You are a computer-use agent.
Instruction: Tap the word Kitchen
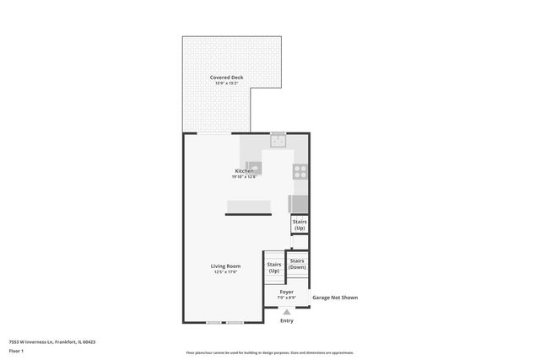245,171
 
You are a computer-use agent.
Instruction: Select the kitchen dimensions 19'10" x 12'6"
245,176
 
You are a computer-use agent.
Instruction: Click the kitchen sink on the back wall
278,142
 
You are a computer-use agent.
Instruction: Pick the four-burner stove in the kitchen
300,172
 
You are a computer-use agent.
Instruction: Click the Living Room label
225,266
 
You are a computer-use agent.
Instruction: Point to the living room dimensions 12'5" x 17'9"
225,271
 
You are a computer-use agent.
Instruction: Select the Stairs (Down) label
297,263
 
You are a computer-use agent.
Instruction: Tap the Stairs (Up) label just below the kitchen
300,225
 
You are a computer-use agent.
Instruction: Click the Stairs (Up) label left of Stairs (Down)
274,267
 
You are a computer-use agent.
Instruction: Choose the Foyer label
287,292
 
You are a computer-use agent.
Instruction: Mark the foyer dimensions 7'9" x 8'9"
287,298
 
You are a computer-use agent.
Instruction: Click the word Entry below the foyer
287,320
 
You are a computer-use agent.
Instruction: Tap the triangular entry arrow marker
287,311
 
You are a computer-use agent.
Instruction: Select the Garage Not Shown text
335,298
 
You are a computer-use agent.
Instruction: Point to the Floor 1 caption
16,350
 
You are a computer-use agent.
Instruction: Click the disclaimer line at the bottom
270,352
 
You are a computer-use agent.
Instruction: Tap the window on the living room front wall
225,323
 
